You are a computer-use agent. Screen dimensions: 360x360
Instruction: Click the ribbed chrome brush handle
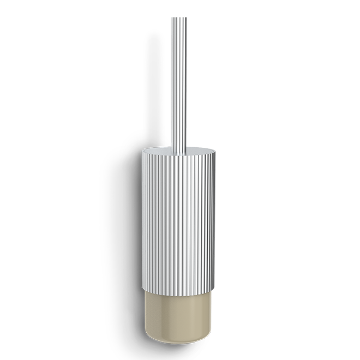click(179, 82)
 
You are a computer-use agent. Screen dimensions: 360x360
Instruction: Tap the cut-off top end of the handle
click(179, 18)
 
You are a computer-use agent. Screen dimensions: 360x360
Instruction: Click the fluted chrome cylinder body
click(178, 218)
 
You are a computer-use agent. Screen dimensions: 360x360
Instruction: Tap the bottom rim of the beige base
click(178, 343)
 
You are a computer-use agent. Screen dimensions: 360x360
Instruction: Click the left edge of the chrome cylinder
click(143, 218)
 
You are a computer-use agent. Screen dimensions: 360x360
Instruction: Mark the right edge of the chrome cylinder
click(212, 218)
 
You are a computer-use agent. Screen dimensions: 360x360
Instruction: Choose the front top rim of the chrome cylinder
click(178, 155)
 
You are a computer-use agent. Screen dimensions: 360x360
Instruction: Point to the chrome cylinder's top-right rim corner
click(212, 151)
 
